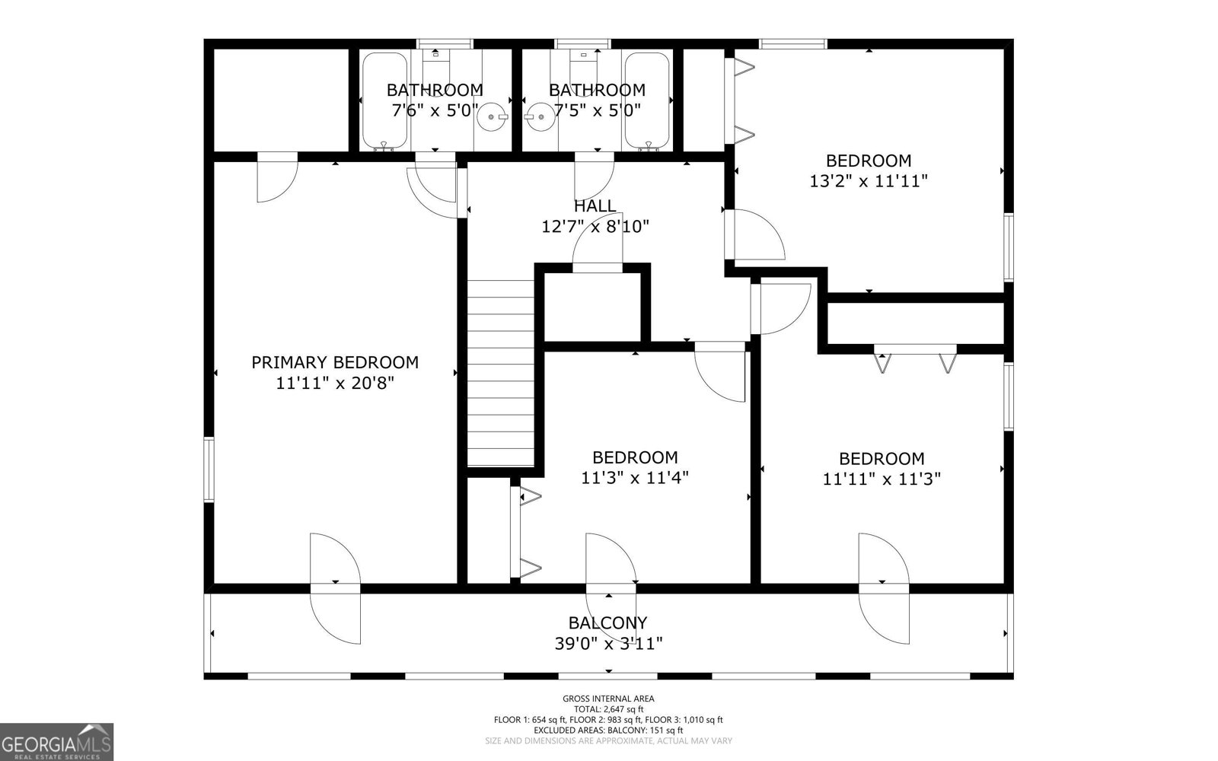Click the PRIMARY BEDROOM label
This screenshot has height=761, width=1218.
pos(335,362)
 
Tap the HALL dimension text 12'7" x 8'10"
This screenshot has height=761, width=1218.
pos(595,226)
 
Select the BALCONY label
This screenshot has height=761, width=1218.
pos(607,622)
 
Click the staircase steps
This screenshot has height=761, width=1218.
pos(500,373)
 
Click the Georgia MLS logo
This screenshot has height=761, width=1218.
pos(56,741)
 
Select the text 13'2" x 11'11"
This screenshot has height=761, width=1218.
pos(869,181)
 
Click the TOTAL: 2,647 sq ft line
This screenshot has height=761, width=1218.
pos(608,708)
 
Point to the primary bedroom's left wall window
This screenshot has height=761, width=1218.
pos(209,469)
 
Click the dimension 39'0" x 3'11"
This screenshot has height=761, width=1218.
pos(608,644)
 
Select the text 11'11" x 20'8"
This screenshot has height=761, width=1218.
pos(335,383)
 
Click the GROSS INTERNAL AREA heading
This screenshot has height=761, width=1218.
pos(608,698)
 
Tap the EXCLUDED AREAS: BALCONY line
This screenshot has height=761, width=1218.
pos(608,730)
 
